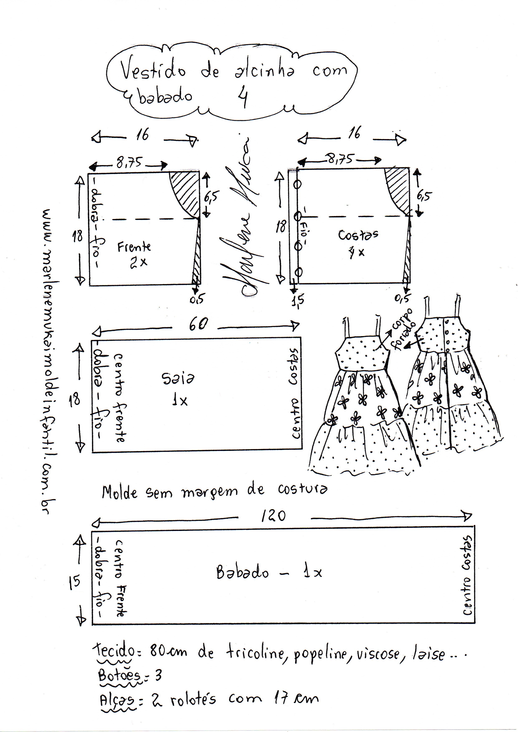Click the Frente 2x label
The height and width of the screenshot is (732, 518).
point(134,254)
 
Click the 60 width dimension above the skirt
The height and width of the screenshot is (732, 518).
point(198,324)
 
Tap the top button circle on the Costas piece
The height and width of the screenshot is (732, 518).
point(298,184)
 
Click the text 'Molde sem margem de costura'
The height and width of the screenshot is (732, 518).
point(214,491)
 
